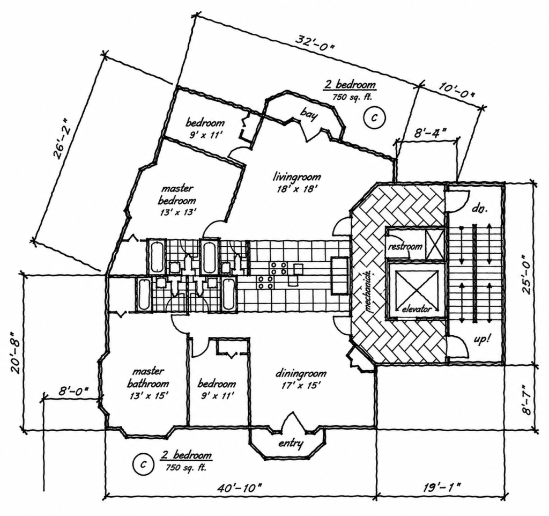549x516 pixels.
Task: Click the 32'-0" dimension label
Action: (314, 43)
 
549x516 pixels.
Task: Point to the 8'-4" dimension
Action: (427, 133)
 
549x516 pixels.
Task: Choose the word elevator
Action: (416, 309)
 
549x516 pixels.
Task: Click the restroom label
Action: (405, 246)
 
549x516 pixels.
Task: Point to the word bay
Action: (309, 114)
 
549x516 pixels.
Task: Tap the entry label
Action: (291, 444)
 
